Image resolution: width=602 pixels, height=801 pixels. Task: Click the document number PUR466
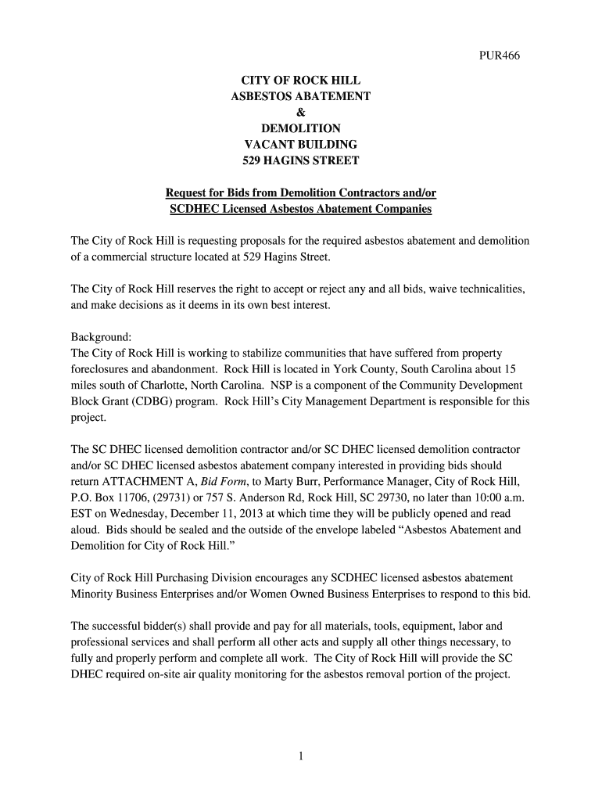[498, 56]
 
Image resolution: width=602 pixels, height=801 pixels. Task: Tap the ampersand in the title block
[300, 112]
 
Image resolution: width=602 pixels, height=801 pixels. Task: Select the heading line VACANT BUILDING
[300, 145]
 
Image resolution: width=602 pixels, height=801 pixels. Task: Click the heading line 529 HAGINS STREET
[300, 161]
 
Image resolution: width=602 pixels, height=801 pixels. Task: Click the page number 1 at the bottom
[300, 756]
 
